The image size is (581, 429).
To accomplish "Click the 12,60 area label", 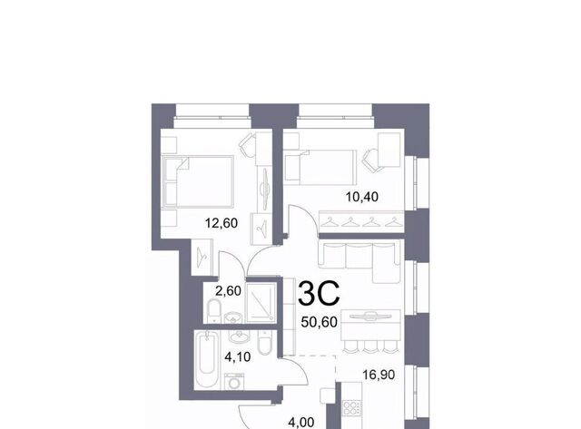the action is click(x=222, y=223).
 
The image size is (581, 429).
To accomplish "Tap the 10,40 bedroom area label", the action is click(x=362, y=197).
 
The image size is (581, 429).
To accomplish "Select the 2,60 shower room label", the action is click(x=228, y=291).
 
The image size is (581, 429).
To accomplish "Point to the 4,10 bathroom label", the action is click(x=238, y=356).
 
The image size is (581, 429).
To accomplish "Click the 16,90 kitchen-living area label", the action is click(x=379, y=375).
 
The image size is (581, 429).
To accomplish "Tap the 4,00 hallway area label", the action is click(x=301, y=422).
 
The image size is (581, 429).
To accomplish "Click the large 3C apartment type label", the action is click(x=319, y=294).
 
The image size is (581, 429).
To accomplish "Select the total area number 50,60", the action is click(x=319, y=322).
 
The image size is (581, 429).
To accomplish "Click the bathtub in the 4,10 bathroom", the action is click(x=207, y=360).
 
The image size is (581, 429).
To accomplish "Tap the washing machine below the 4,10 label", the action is click(x=234, y=381).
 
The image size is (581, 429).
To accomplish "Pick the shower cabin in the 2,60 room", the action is click(x=261, y=303).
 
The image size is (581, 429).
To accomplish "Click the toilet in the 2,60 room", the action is click(x=214, y=310).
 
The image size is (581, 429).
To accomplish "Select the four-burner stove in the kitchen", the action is click(x=350, y=407).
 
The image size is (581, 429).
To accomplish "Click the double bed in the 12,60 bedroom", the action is click(x=198, y=181).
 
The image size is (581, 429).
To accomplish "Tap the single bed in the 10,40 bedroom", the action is click(x=320, y=167).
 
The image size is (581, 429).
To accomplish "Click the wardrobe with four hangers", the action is click(x=361, y=221).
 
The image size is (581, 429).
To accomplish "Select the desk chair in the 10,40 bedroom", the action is click(x=371, y=160).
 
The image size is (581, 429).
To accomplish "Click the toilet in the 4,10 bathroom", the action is click(x=264, y=343).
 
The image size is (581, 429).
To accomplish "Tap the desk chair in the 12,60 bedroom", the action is click(x=247, y=145).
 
